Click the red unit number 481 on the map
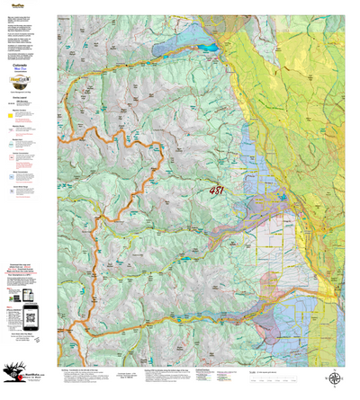pos(220,191)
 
